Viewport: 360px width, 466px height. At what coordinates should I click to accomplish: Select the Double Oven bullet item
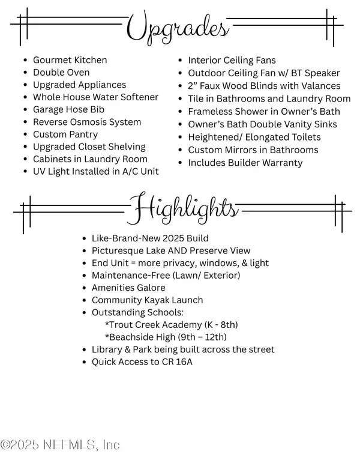tap(61, 72)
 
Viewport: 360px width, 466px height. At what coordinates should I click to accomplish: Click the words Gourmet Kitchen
tap(70, 60)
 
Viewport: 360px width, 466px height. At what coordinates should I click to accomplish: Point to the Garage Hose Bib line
tap(68, 109)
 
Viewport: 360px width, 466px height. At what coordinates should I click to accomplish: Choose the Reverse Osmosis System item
tap(87, 122)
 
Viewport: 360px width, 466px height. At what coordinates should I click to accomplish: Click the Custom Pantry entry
tap(65, 135)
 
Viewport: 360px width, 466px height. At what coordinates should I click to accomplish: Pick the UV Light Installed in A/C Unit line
tap(96, 172)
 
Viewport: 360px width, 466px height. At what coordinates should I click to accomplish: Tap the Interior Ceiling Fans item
tap(232, 60)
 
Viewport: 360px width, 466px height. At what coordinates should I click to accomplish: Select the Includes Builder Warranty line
tap(245, 163)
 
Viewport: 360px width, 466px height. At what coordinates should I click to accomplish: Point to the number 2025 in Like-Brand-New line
tap(174, 238)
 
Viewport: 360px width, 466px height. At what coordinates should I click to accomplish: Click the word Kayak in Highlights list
tap(155, 300)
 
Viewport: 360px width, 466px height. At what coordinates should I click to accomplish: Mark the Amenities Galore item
tap(128, 288)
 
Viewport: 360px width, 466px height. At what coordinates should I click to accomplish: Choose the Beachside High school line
tap(166, 337)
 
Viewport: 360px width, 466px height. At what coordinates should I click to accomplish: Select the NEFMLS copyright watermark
tap(60, 445)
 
